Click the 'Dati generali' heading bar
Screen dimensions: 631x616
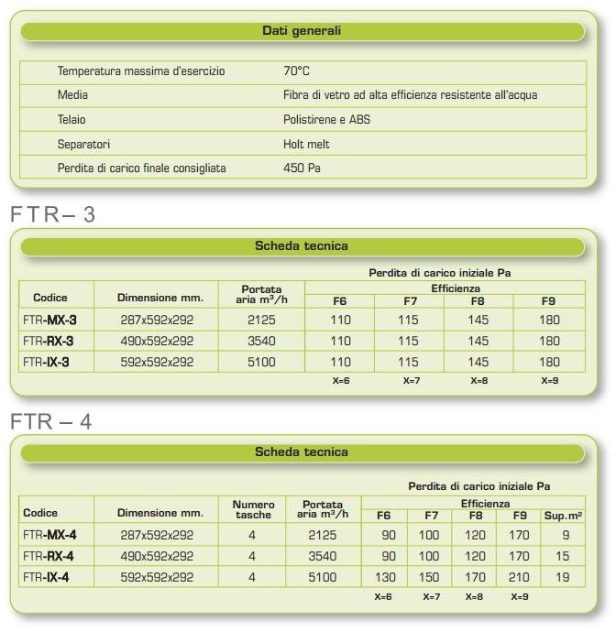coord(302,31)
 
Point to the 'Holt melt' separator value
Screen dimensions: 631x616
coord(306,144)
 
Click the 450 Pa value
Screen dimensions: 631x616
coord(302,169)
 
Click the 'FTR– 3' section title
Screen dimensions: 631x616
coord(53,215)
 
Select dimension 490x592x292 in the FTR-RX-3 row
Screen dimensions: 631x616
coord(157,341)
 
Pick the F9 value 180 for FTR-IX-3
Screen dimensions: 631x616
coord(548,362)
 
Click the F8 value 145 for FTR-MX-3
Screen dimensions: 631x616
coord(478,320)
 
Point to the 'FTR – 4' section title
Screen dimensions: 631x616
coord(51,422)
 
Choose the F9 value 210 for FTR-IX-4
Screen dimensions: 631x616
coord(518,577)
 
